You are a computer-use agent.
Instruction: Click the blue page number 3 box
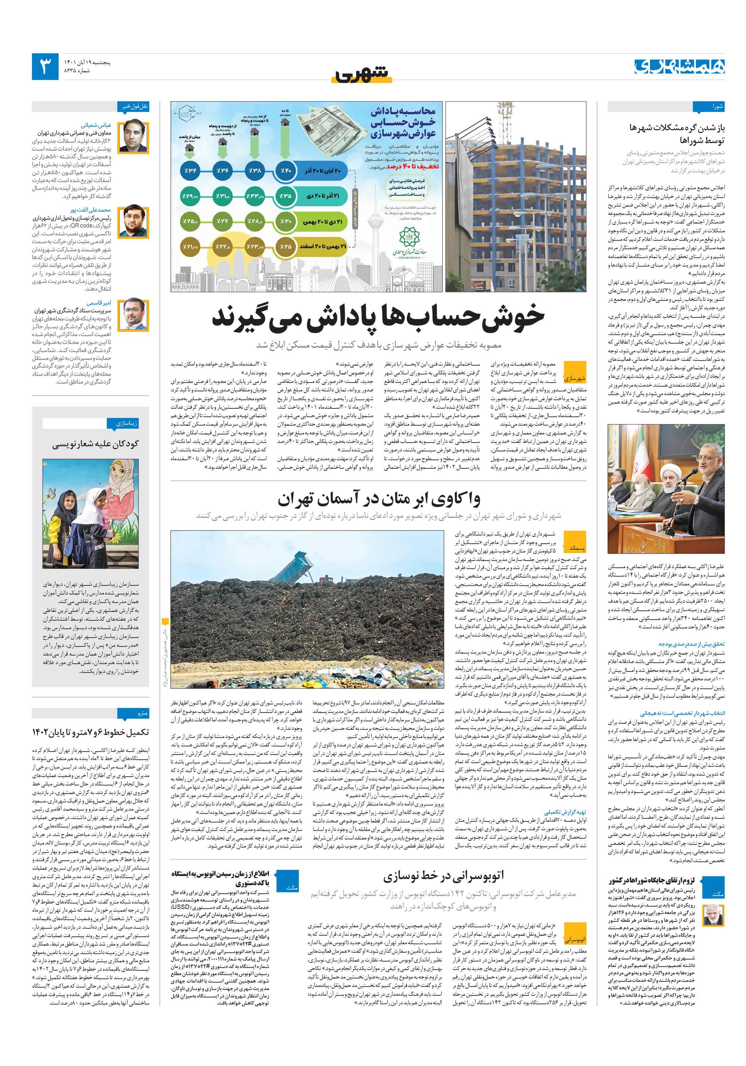(x=45, y=66)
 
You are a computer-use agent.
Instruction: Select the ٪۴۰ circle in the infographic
(x=285, y=171)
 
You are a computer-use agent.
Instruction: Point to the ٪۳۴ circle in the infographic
(x=190, y=171)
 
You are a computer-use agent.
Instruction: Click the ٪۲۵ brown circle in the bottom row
(x=285, y=247)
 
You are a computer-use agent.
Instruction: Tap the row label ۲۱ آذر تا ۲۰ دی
(x=322, y=196)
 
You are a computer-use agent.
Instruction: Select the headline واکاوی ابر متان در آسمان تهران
(x=378, y=500)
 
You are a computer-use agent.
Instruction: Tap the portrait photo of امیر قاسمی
(x=133, y=315)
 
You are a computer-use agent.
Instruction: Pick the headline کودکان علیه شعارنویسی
(x=95, y=444)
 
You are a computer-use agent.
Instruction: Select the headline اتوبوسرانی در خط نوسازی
(x=443, y=876)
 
